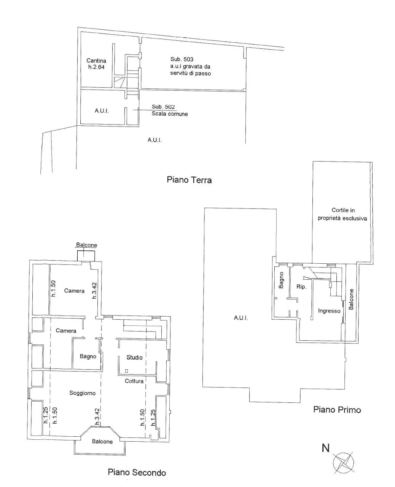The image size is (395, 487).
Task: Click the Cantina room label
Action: (x=96, y=61)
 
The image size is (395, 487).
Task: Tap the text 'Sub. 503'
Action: (x=182, y=59)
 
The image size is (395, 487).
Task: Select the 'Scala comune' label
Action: (x=170, y=114)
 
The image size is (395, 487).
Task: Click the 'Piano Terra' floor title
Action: (x=189, y=180)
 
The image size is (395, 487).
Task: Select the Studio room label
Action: (x=134, y=357)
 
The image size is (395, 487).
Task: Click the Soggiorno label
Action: (x=83, y=393)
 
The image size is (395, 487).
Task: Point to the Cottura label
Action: (x=134, y=381)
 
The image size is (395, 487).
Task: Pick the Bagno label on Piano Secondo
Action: (x=88, y=356)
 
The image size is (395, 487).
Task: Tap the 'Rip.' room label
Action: (x=301, y=287)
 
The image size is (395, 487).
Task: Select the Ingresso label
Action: (x=329, y=311)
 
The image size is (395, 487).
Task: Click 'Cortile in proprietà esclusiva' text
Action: (x=342, y=214)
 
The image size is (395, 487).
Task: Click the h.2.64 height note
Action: (x=96, y=67)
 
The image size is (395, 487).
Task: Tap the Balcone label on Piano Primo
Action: (x=351, y=299)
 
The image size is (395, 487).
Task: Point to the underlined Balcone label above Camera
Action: (x=86, y=245)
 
